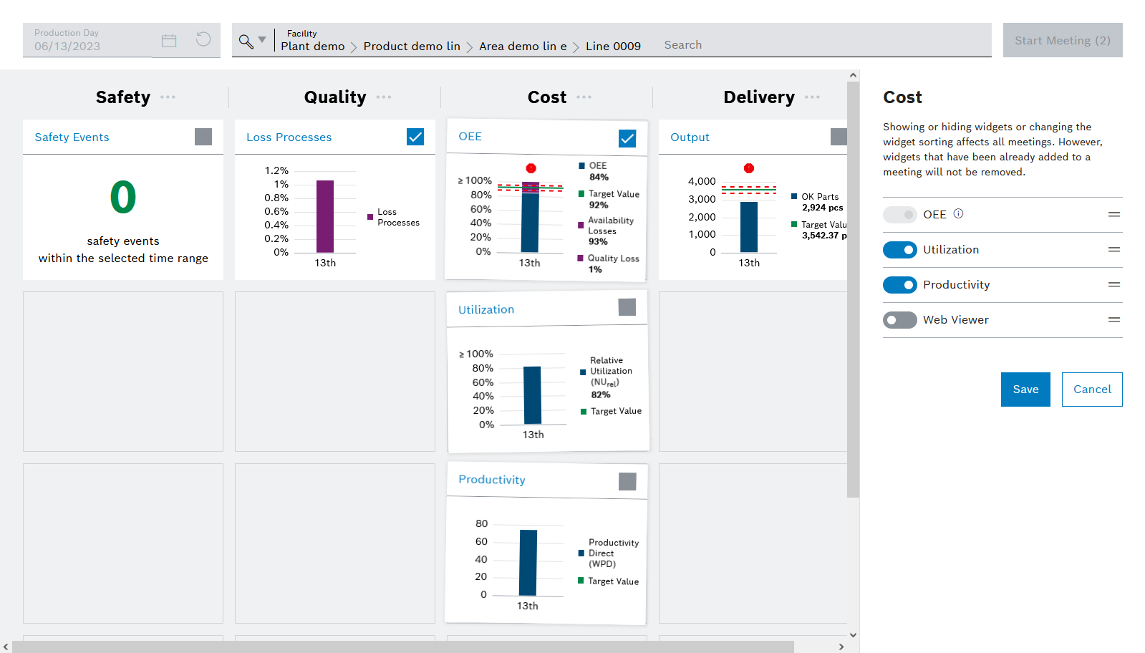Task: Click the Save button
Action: pyautogui.click(x=1025, y=390)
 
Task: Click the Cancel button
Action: pyautogui.click(x=1091, y=390)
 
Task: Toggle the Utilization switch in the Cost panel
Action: pyautogui.click(x=899, y=250)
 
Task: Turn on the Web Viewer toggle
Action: pyautogui.click(x=899, y=320)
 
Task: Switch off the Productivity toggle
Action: pyautogui.click(x=899, y=285)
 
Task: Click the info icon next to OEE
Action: pyautogui.click(x=958, y=213)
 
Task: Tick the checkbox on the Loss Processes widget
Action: pyautogui.click(x=415, y=137)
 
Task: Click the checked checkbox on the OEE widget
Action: pyautogui.click(x=627, y=138)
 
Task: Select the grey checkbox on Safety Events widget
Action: pyautogui.click(x=203, y=137)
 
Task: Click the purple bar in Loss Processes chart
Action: pyautogui.click(x=325, y=216)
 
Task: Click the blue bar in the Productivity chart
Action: pyautogui.click(x=528, y=562)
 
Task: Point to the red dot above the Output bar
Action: pyautogui.click(x=749, y=168)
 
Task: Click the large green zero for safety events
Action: pyautogui.click(x=123, y=198)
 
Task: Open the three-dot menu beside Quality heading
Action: pyautogui.click(x=384, y=97)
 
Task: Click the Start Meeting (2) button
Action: pyautogui.click(x=1062, y=40)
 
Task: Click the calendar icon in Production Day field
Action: pyautogui.click(x=169, y=41)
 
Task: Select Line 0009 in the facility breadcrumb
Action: pyautogui.click(x=613, y=46)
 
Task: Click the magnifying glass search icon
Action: pyautogui.click(x=246, y=41)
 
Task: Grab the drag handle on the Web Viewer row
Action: pyautogui.click(x=1113, y=320)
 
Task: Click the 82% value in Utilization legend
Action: pyautogui.click(x=601, y=395)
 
